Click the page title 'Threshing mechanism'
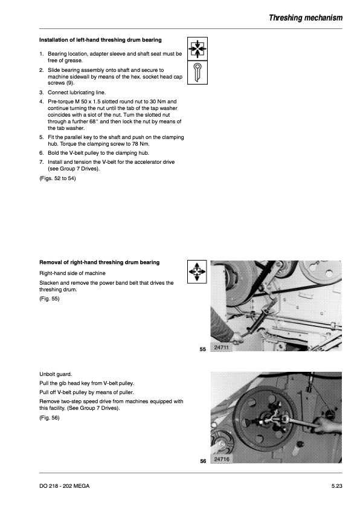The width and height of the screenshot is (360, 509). pyautogui.click(x=306, y=18)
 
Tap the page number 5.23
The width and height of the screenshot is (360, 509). pyautogui.click(x=336, y=486)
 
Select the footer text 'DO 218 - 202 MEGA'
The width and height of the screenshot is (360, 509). pyautogui.click(x=64, y=486)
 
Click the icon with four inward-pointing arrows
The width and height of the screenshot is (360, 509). pyautogui.click(x=197, y=49)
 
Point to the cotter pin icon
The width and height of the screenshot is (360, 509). pyautogui.click(x=197, y=73)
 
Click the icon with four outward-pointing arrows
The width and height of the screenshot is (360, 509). pyautogui.click(x=197, y=271)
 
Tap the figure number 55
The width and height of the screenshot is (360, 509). pyautogui.click(x=203, y=349)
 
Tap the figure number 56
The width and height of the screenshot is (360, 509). pyautogui.click(x=203, y=461)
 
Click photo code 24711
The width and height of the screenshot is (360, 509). pyautogui.click(x=221, y=348)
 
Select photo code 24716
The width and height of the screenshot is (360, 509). pyautogui.click(x=222, y=459)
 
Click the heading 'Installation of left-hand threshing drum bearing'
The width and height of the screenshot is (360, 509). pyautogui.click(x=100, y=40)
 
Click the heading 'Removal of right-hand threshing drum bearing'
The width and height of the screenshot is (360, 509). pyautogui.click(x=99, y=262)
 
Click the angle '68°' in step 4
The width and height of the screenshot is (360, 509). pyautogui.click(x=94, y=122)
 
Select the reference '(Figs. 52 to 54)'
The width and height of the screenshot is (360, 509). pyautogui.click(x=57, y=178)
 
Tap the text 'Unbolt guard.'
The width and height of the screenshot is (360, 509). pyautogui.click(x=56, y=374)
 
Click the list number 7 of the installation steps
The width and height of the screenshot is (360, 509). pyautogui.click(x=41, y=162)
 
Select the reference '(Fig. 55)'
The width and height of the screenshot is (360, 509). pyautogui.click(x=50, y=299)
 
